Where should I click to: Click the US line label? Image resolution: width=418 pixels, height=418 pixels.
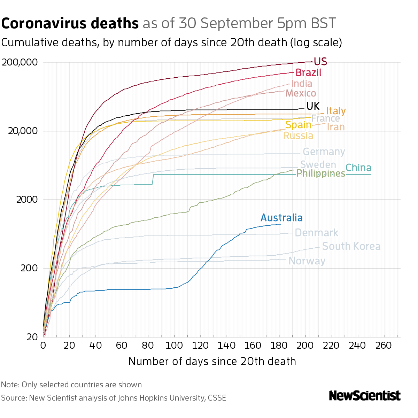pos(320,62)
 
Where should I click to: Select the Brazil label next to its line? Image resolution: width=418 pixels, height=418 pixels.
pos(308,73)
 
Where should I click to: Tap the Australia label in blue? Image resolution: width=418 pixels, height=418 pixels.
pos(281,218)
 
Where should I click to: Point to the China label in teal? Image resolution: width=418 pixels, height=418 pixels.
pos(358,168)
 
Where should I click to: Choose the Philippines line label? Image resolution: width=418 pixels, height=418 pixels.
pos(320,173)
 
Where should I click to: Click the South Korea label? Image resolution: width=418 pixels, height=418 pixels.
pos(351,247)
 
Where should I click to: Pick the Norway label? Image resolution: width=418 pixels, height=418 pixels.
pos(307,261)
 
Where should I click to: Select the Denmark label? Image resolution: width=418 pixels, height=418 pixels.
pos(316,233)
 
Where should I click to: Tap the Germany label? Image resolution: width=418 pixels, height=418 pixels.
pos(324,152)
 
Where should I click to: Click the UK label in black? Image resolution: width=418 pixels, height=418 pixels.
pos(313,106)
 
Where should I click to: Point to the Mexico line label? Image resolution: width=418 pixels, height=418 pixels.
pos(301,93)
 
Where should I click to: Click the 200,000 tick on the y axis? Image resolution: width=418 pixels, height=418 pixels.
pos(20,63)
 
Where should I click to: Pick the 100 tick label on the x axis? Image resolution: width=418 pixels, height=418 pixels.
pos(174,345)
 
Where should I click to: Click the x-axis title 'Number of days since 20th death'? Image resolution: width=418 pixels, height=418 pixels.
pos(212,361)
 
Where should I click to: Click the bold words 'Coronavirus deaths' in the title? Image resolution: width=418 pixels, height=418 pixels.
pos(70,24)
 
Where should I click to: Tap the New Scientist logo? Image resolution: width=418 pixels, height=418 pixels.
pos(364,396)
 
